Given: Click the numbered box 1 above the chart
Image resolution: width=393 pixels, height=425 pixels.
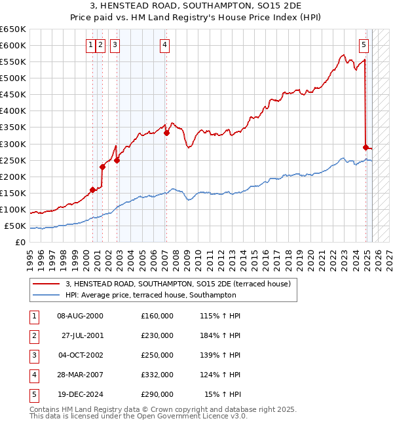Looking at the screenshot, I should (90, 45).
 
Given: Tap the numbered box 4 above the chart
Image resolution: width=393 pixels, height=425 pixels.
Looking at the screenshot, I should (164, 45).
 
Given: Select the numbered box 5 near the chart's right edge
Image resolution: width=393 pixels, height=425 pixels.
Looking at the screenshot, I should (364, 45).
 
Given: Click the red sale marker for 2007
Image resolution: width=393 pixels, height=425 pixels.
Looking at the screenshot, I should (166, 133).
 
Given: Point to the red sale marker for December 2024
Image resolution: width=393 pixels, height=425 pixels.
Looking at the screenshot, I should (365, 147).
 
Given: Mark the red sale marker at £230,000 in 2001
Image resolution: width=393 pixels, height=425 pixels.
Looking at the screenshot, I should (103, 167).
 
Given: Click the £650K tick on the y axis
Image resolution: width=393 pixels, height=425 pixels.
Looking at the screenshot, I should (14, 29).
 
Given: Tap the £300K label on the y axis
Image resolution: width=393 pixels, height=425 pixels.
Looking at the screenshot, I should (14, 144).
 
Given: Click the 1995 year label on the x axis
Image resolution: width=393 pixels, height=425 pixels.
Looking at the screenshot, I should (30, 255).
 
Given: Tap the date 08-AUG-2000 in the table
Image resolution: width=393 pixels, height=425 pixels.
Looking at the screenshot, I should (80, 316).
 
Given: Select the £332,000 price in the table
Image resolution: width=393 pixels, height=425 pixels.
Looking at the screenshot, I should (157, 375).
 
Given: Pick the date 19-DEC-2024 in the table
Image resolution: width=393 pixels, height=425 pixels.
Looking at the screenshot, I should (80, 394).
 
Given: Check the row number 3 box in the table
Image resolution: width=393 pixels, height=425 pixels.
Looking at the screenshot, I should (33, 355).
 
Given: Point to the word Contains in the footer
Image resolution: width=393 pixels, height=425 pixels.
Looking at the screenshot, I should (46, 409).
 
